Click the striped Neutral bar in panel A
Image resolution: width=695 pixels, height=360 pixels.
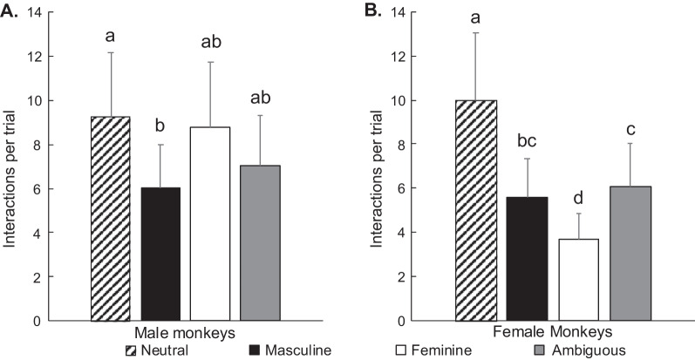[x=111, y=219]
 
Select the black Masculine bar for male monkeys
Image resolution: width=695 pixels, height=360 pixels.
[x=160, y=254]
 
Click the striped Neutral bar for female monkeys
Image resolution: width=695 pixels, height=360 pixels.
[x=477, y=210]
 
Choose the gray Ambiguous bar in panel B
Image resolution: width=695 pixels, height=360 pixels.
[x=626, y=254]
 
